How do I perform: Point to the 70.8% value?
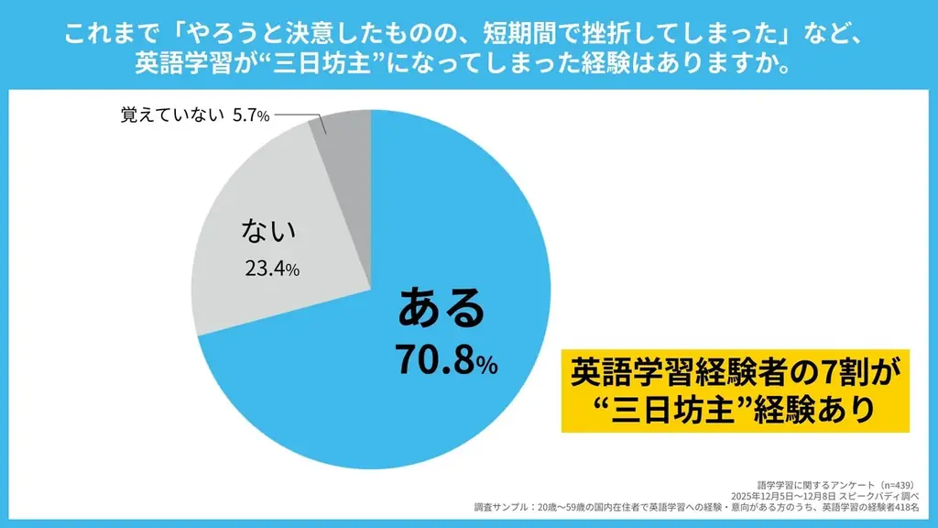click(445, 361)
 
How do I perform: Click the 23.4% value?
click(272, 269)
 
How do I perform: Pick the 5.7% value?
click(249, 116)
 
